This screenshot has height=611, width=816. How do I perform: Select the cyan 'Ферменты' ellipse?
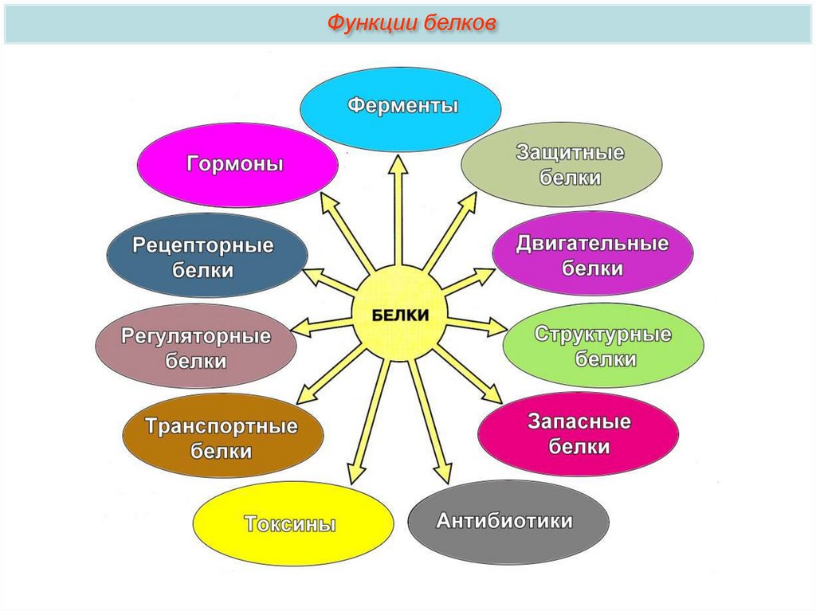pos(400,107)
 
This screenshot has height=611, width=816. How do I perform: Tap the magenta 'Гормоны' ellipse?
pos(237,164)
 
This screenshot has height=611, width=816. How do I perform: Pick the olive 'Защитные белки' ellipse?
pos(562,165)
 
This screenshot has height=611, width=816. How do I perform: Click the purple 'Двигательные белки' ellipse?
pos(592,254)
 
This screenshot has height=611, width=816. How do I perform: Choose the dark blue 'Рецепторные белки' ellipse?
pos(206,256)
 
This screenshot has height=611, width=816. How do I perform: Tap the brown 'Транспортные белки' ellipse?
pos(222,437)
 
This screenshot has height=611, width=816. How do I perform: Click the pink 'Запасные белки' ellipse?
pos(578,434)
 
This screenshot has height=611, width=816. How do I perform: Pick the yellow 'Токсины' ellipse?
pos(292,523)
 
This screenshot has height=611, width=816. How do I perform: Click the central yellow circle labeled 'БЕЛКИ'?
pos(401,315)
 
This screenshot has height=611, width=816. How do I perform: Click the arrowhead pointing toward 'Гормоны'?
pos(327,202)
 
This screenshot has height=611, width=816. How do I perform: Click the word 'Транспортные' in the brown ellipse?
pos(222,426)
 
